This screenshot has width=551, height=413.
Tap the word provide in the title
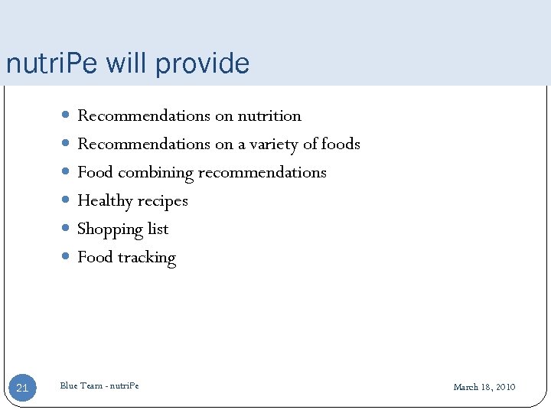[x=202, y=63]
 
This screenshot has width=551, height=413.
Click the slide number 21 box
[x=22, y=388]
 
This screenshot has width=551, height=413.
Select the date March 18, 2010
[x=484, y=387]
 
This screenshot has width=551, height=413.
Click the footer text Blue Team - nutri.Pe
[x=99, y=385]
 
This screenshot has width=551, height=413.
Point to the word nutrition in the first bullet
[x=269, y=116]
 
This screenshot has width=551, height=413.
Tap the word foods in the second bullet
[x=341, y=144]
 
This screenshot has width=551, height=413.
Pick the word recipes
[x=162, y=201]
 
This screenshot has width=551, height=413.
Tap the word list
[x=158, y=229]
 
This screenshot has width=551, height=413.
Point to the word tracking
[x=147, y=258]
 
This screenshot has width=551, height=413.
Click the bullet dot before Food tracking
[x=67, y=257]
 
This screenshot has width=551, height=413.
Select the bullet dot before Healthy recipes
[x=67, y=200]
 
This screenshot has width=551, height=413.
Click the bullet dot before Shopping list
[x=67, y=229]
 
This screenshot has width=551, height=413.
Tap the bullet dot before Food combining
[x=67, y=172]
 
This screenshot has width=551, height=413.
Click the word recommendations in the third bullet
[x=262, y=173]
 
